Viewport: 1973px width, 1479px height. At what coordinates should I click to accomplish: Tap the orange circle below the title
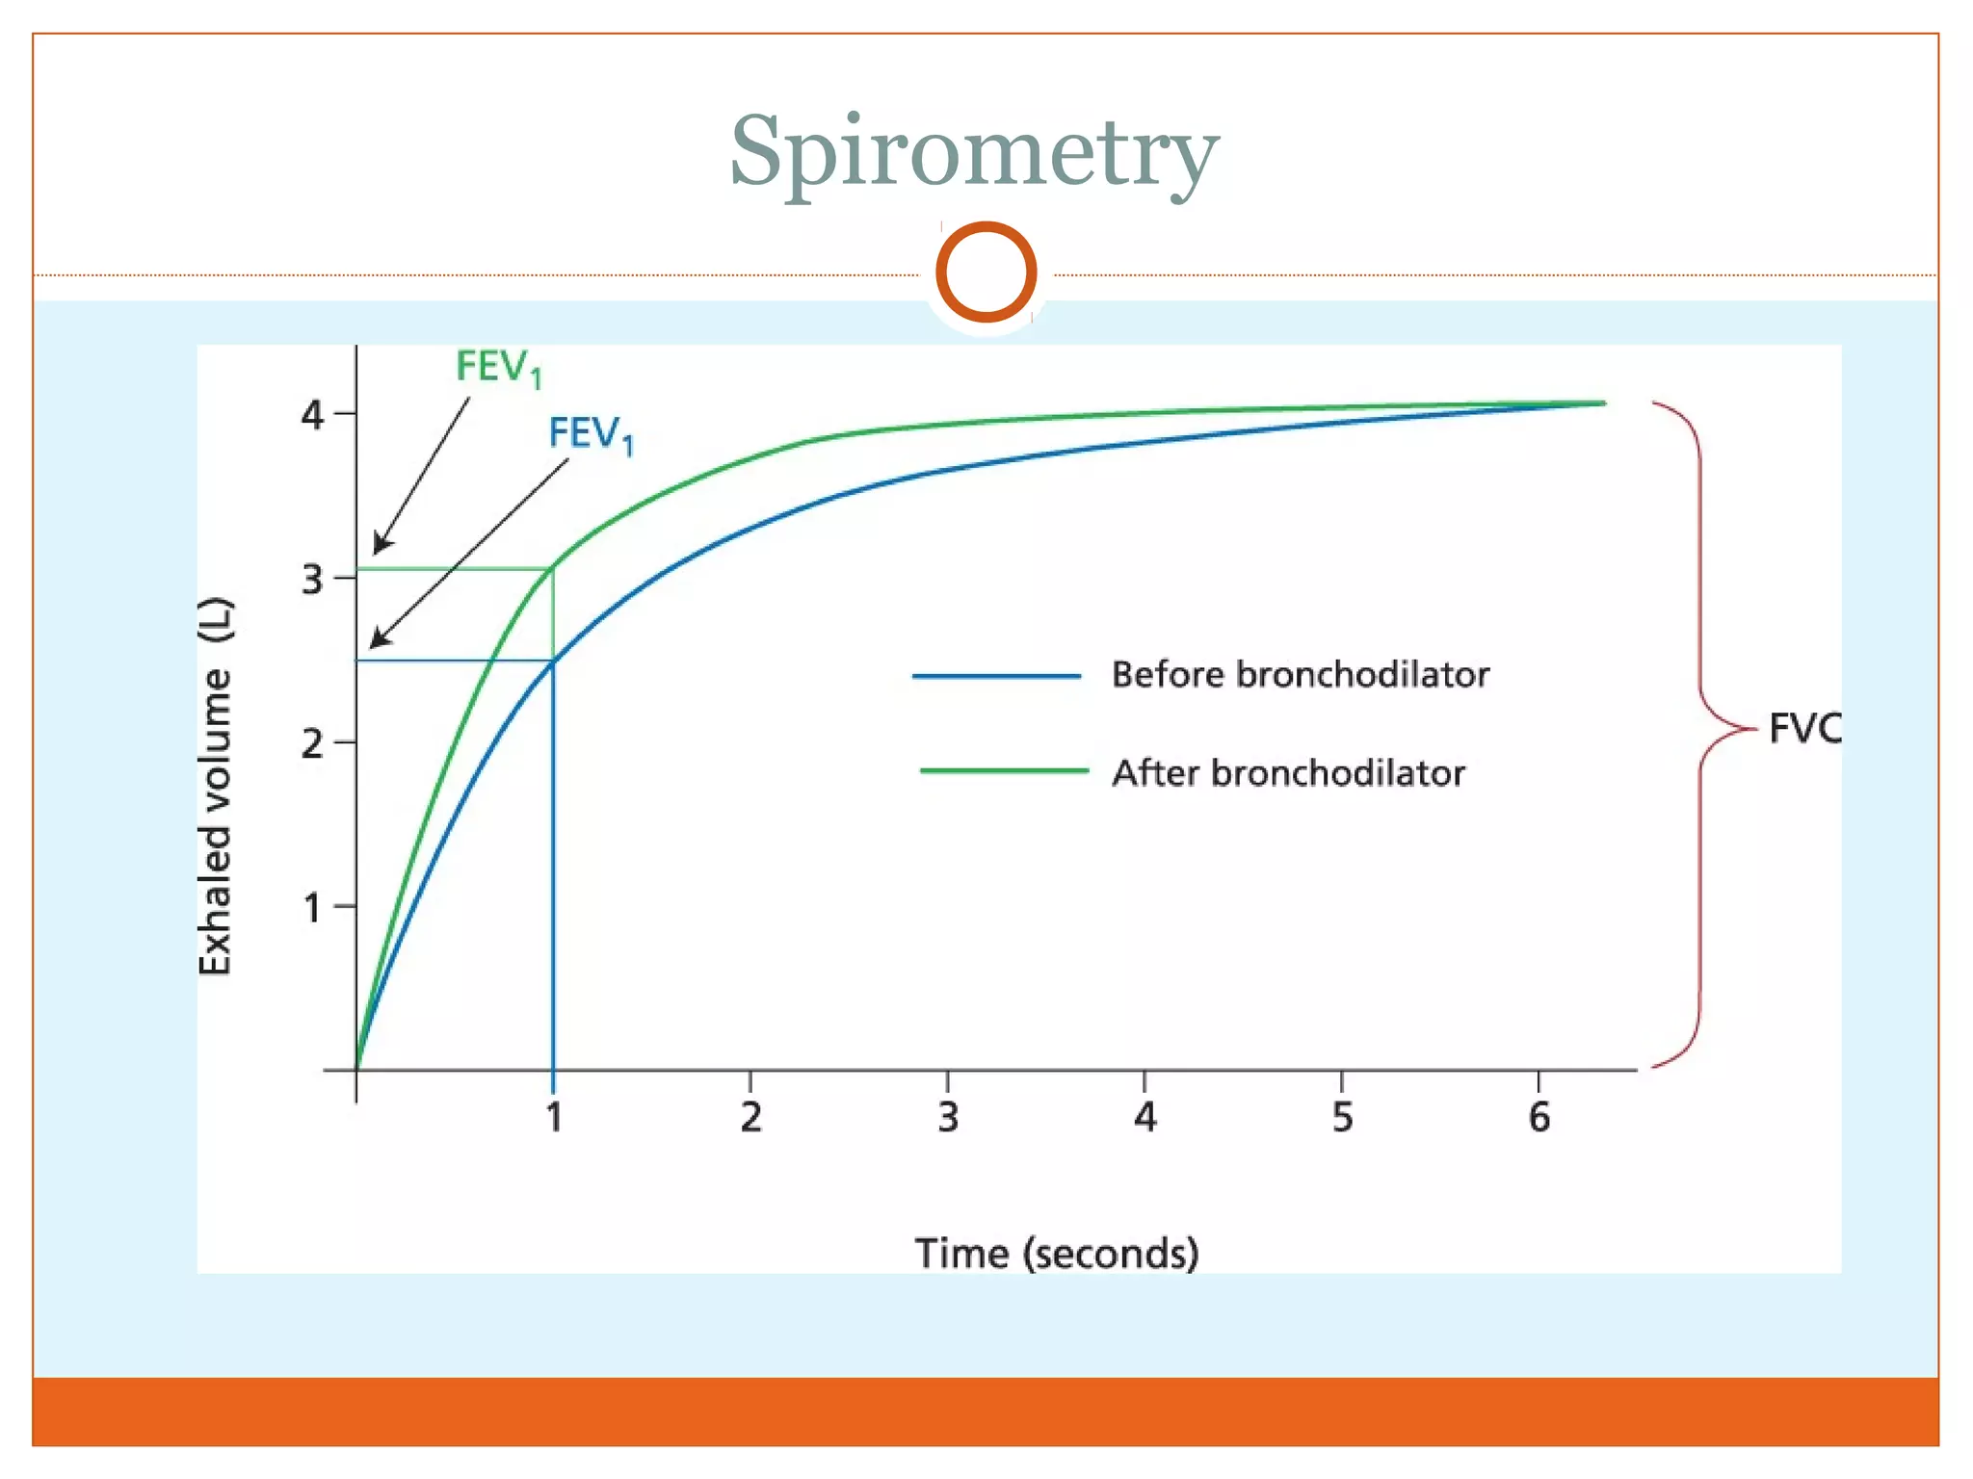[986, 272]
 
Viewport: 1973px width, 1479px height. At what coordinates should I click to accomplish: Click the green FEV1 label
[498, 368]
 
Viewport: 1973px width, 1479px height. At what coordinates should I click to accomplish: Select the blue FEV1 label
[591, 434]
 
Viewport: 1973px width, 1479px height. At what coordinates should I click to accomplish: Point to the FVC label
[1804, 728]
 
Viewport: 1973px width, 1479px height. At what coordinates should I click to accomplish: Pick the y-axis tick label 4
[312, 415]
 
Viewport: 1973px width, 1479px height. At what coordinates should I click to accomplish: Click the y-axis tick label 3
[312, 580]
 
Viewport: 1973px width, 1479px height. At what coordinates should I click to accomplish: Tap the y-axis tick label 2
[312, 743]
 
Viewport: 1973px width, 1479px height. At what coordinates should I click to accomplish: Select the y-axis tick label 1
[312, 907]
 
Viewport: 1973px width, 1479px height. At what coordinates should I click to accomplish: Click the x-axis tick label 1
[554, 1118]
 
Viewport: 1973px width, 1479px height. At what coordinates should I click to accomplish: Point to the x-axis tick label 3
[948, 1118]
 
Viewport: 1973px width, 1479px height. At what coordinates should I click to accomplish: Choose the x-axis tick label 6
[1539, 1118]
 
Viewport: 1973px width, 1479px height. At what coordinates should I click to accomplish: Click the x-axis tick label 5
[1342, 1118]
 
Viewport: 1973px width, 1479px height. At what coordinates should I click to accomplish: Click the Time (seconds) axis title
[1057, 1254]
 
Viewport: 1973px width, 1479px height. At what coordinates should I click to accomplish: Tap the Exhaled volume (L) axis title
[216, 786]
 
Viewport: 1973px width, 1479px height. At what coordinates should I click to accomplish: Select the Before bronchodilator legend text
[1300, 675]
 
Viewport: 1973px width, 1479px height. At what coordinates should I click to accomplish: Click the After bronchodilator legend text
[1288, 773]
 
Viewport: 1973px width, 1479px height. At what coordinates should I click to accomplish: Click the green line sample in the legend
[1004, 771]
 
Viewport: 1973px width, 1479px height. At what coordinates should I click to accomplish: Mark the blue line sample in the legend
[996, 677]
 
